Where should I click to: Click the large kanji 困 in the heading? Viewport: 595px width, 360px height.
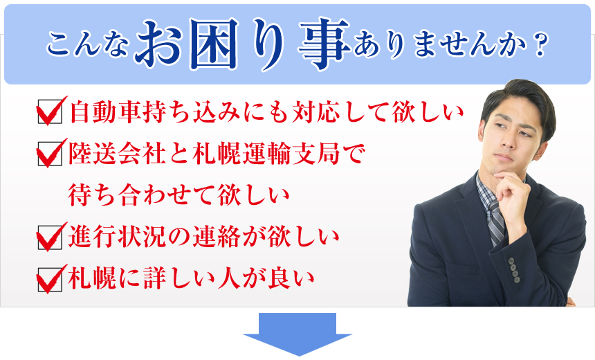click(215, 44)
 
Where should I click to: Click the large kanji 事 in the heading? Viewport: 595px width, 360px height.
click(324, 44)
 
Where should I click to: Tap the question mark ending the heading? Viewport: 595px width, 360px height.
click(540, 45)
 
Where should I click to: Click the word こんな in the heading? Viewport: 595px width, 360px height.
click(87, 45)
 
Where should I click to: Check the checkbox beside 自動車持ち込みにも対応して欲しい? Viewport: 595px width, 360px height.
click(50, 111)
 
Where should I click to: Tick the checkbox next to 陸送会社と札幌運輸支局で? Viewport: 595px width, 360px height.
click(50, 154)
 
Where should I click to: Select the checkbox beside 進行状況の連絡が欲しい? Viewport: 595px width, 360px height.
click(50, 237)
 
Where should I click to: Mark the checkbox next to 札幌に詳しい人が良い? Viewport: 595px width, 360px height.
click(50, 280)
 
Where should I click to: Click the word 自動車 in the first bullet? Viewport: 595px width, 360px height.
click(105, 112)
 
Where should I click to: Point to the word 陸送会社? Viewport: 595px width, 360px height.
click(117, 154)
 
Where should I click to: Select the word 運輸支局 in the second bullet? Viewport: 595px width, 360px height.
click(291, 154)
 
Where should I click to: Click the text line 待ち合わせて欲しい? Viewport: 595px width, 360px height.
click(178, 195)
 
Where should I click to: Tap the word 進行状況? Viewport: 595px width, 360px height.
click(117, 237)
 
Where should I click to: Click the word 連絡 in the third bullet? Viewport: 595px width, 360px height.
click(217, 237)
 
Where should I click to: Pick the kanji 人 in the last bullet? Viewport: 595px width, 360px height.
click(229, 280)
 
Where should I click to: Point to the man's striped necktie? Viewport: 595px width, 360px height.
click(496, 222)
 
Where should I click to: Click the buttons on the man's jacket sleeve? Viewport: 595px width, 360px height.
click(514, 271)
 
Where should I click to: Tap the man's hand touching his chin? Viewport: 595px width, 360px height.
click(511, 193)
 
